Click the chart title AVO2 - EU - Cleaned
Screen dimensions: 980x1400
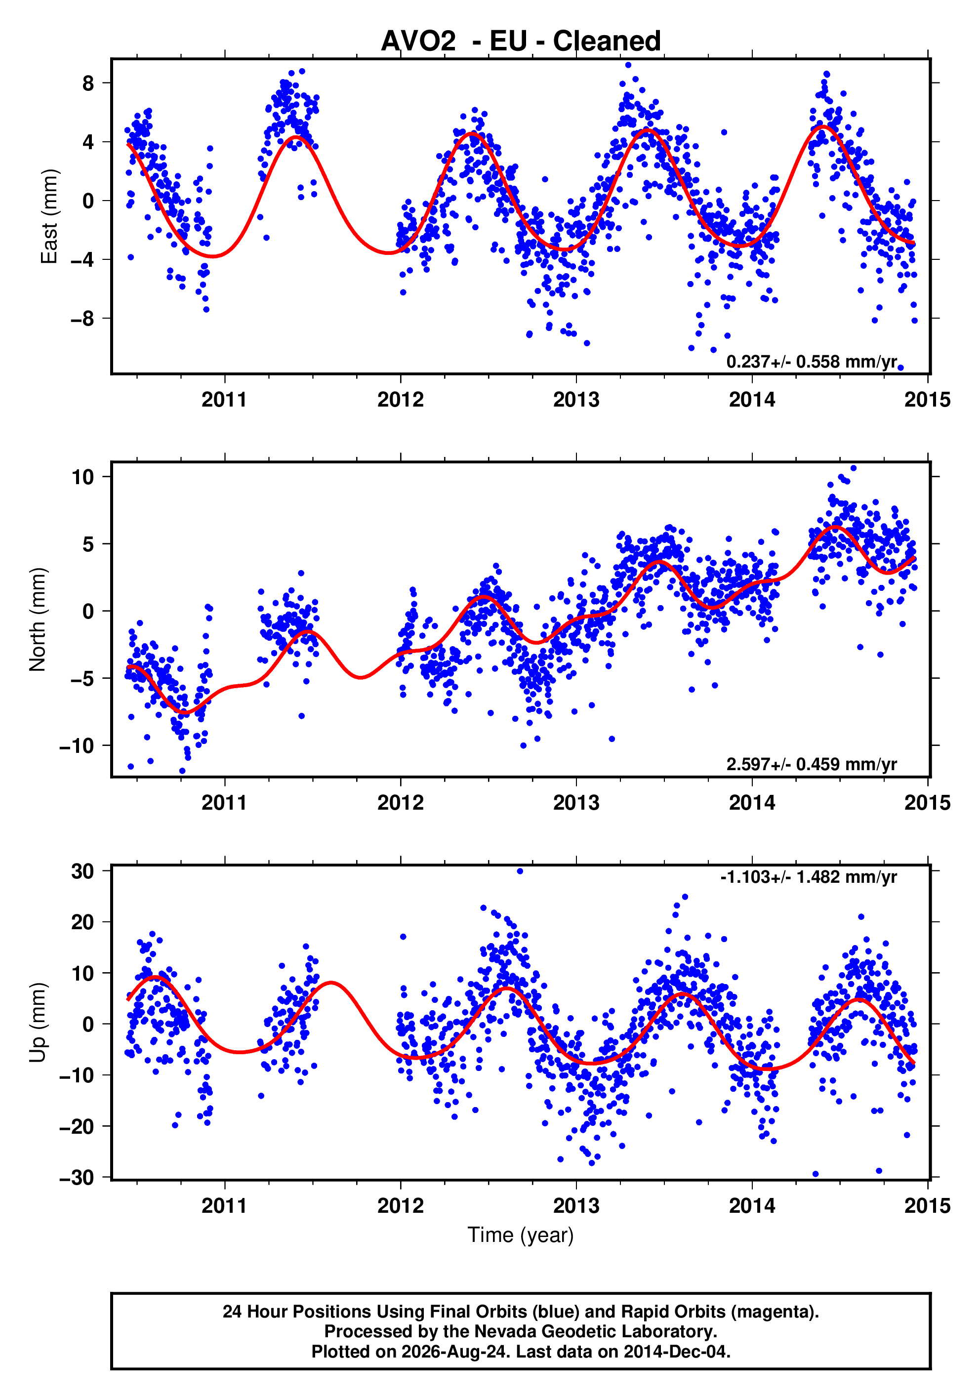[x=521, y=41]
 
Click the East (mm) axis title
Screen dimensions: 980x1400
[x=49, y=216]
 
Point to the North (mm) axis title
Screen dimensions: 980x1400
[x=38, y=619]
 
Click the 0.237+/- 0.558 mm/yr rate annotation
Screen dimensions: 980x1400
[x=811, y=362]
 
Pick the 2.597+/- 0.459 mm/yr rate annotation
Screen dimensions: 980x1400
[x=811, y=764]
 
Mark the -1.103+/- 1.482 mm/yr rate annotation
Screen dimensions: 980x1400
[x=809, y=877]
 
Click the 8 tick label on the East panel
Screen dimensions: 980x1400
[x=88, y=83]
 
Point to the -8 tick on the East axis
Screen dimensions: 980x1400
[x=83, y=318]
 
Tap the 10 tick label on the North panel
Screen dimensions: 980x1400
[x=83, y=477]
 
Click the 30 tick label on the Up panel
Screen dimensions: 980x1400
[x=83, y=871]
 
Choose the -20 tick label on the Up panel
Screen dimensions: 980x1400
[x=78, y=1126]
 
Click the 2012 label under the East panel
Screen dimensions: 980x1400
[x=400, y=400]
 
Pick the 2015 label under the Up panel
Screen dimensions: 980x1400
[x=928, y=1206]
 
